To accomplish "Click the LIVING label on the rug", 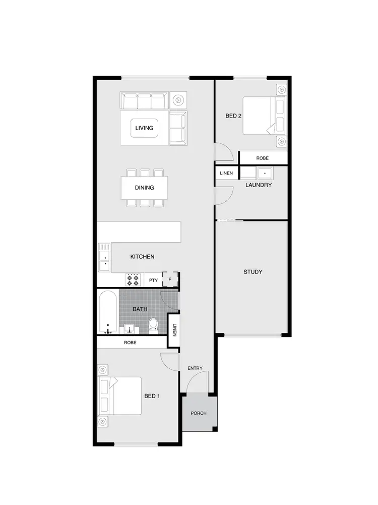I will click(144, 128).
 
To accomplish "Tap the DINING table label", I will click(144, 188).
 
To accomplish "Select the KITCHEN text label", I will click(142, 257).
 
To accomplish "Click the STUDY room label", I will click(253, 272).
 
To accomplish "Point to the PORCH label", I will click(199, 413).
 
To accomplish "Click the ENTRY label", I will click(195, 368).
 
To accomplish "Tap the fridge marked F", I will click(170, 279).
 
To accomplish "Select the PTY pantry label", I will click(153, 280).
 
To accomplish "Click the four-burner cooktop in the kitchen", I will click(134, 280).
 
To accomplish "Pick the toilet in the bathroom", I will click(154, 325).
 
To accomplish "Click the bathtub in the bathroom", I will click(108, 311).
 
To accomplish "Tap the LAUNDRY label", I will click(259, 185).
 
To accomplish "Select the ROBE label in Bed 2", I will click(263, 158).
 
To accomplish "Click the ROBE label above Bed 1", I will click(130, 343).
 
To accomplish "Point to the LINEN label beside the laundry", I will click(226, 174).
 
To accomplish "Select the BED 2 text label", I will click(233, 116).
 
